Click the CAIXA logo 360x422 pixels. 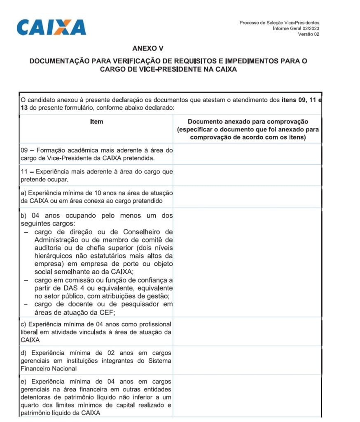tap(51, 27)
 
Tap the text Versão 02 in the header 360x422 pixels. tap(309, 34)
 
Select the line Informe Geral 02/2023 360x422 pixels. tap(296, 28)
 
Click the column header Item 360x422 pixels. tap(96, 122)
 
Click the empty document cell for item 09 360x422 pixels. tap(247, 154)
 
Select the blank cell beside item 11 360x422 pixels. tap(247, 175)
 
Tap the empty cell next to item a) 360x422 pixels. tap(247, 197)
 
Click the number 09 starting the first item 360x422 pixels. tap(24, 150)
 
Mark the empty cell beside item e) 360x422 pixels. tap(247, 396)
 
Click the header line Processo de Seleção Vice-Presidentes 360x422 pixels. tap(279, 23)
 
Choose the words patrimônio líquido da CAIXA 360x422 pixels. tap(60, 413)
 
